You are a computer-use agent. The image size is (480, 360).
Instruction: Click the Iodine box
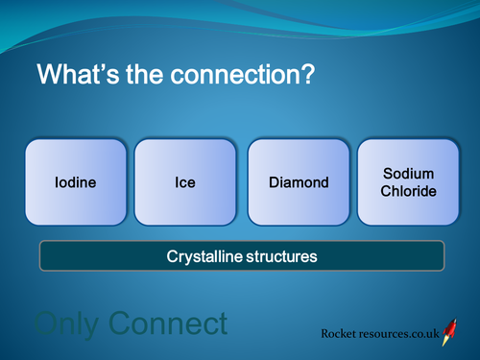pyautogui.click(x=75, y=181)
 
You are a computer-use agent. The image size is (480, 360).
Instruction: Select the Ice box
pyautogui.click(x=184, y=181)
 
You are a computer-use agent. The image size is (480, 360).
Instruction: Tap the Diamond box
pyautogui.click(x=299, y=181)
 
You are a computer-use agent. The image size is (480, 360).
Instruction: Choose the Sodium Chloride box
pyautogui.click(x=408, y=181)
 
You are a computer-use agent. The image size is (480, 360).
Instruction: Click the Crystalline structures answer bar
pyautogui.click(x=241, y=256)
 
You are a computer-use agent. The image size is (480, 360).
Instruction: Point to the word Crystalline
pyautogui.click(x=201, y=256)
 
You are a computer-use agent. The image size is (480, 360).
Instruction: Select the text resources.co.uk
pyautogui.click(x=404, y=334)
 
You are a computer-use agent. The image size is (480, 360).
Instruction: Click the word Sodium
pyautogui.click(x=408, y=174)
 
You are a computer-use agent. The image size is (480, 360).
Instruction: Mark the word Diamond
pyautogui.click(x=299, y=181)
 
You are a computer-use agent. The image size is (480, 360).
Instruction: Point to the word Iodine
pyautogui.click(x=75, y=181)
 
